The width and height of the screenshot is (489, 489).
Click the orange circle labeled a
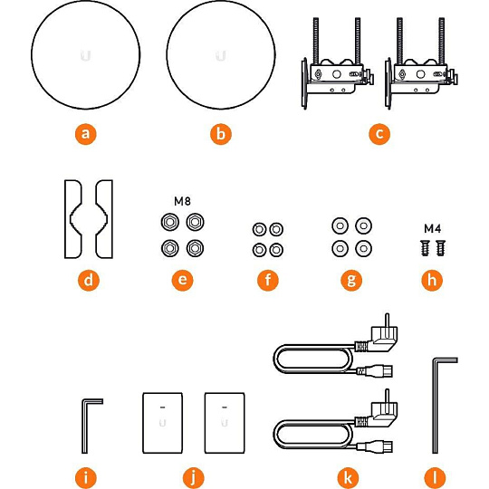[x=86, y=134]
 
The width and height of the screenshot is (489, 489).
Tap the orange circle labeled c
[x=379, y=134]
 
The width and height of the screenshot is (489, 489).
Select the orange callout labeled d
[x=89, y=280]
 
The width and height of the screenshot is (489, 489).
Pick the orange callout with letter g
[x=351, y=280]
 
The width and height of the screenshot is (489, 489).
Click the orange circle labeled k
[x=349, y=477]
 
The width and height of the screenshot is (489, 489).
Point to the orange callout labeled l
[x=435, y=477]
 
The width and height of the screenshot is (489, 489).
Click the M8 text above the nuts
[x=182, y=201]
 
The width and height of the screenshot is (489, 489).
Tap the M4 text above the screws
[x=433, y=229]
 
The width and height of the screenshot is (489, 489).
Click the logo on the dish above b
[x=221, y=56]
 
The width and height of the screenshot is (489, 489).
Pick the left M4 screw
[x=425, y=248]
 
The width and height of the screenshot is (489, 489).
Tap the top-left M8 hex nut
[x=170, y=223]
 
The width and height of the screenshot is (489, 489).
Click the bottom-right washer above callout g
[x=363, y=248]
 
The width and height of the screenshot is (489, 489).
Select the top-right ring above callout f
[x=276, y=229]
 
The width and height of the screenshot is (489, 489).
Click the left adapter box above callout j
[x=162, y=423]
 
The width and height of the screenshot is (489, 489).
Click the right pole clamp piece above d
[x=103, y=219]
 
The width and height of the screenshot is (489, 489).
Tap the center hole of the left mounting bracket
[x=336, y=74]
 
